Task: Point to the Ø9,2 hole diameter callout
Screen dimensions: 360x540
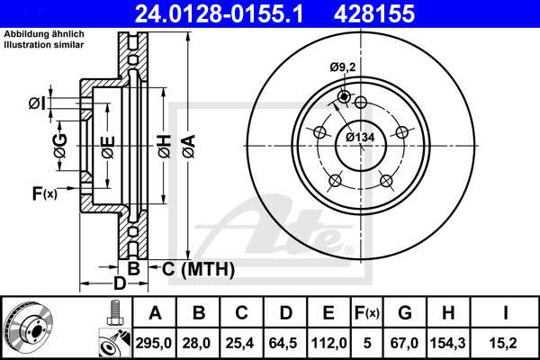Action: (343, 66)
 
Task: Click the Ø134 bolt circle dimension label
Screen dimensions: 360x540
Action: (359, 137)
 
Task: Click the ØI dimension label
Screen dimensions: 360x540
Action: (36, 103)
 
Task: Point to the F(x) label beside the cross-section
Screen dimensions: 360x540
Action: (45, 193)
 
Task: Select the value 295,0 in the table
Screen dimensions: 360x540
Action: (155, 342)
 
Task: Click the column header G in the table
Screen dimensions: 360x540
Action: (404, 312)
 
